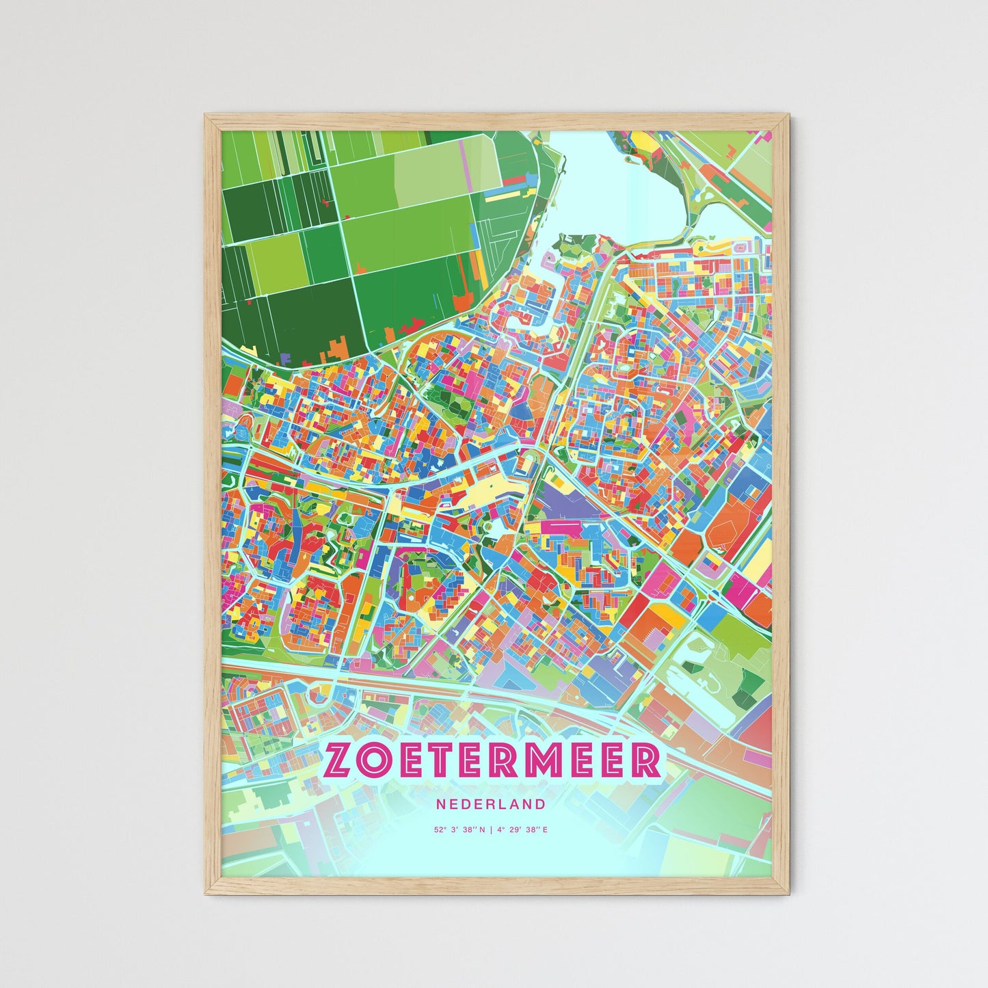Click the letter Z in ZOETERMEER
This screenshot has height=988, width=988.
(341, 760)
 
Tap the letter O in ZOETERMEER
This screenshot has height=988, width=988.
(379, 760)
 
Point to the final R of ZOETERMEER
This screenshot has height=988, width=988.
(646, 760)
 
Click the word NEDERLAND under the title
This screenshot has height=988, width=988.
(492, 805)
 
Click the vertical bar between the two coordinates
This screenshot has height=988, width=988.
(490, 830)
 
